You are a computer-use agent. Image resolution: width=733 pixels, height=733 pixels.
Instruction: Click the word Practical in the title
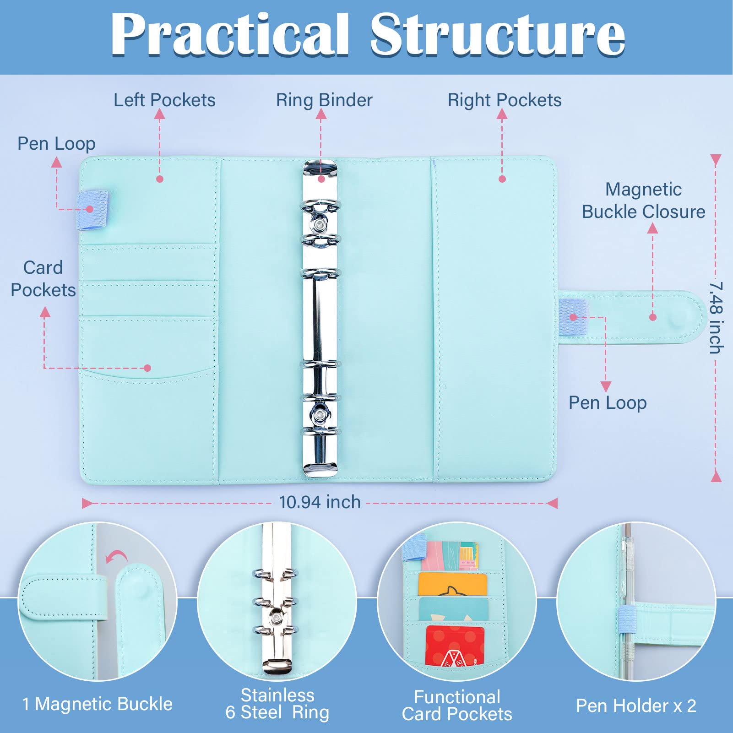[230, 34]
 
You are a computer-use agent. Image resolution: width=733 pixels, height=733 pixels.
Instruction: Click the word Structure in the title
[498, 34]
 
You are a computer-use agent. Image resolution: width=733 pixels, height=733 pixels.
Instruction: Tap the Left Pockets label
[164, 100]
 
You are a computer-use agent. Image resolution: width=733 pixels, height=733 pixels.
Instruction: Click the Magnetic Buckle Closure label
[643, 201]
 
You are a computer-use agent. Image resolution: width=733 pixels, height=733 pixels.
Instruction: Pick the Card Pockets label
[43, 278]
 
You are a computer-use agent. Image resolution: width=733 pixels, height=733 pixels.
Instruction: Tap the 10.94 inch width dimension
[320, 502]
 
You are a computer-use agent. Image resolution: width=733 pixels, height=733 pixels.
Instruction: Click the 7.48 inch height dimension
[716, 317]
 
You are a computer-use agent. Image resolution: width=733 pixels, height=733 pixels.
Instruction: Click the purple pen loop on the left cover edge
[93, 209]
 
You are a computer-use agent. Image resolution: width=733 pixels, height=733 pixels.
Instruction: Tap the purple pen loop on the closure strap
[573, 317]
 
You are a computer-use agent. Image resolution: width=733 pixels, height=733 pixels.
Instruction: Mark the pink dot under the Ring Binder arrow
[321, 179]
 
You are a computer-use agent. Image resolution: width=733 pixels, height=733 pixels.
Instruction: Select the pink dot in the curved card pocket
[147, 368]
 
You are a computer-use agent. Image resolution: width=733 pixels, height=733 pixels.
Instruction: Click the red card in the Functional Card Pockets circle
[454, 646]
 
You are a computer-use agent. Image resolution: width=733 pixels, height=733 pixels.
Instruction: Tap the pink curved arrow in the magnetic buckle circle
[116, 557]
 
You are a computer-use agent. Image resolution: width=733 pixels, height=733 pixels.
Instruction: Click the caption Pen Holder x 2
[636, 706]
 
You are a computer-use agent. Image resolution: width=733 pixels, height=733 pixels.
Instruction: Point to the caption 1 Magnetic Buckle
[98, 704]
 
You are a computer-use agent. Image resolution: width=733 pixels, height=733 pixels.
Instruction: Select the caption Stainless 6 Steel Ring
[277, 704]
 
